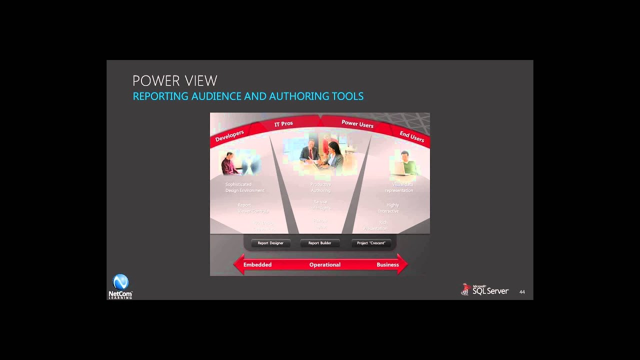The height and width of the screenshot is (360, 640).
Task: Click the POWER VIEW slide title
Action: [x=174, y=81]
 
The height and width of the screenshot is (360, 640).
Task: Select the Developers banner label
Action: [x=229, y=136]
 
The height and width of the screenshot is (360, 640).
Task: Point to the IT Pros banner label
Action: [x=283, y=123]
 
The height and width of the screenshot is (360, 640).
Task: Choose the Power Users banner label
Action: [x=357, y=124]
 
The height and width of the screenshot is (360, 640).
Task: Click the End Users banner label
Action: [x=411, y=136]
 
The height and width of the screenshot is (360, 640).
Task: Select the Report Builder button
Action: [x=320, y=243]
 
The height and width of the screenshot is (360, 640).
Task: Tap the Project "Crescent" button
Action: [x=371, y=243]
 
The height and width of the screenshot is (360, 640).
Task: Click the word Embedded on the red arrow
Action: [x=257, y=265]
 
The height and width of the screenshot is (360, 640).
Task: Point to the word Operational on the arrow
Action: [x=325, y=265]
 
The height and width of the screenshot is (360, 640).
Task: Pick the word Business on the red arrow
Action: [x=387, y=265]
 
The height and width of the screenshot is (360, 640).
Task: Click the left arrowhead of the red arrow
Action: [x=238, y=264]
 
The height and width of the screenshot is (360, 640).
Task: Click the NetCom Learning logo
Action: [x=120, y=286]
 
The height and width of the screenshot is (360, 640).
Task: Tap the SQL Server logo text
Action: [x=490, y=291]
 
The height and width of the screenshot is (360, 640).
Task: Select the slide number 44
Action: [x=522, y=292]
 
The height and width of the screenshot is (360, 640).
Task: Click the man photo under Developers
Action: [x=231, y=163]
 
